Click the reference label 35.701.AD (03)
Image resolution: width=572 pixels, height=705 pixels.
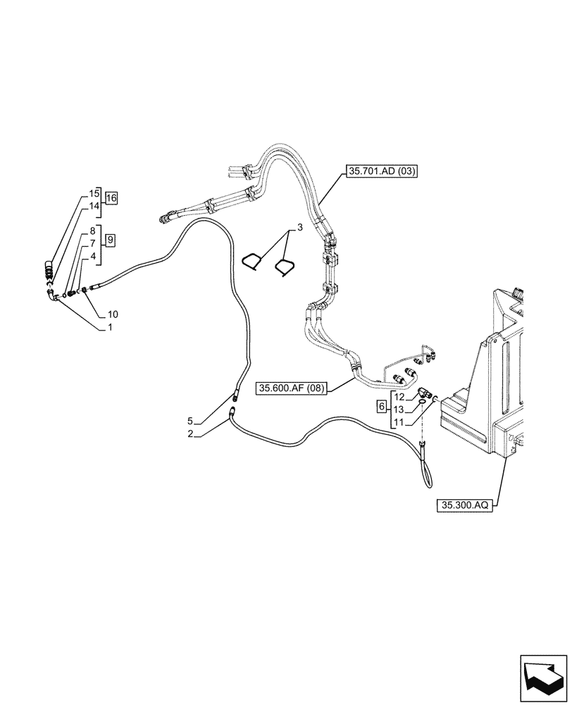(x=381, y=170)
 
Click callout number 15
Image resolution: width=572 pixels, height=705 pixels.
(x=94, y=192)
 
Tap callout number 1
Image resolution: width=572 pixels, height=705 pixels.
(x=111, y=328)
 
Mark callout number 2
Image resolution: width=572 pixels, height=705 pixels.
(x=190, y=434)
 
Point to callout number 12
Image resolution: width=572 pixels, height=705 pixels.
(x=398, y=398)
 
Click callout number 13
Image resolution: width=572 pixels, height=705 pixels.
(x=398, y=410)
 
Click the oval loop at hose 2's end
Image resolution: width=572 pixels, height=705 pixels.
(x=429, y=473)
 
